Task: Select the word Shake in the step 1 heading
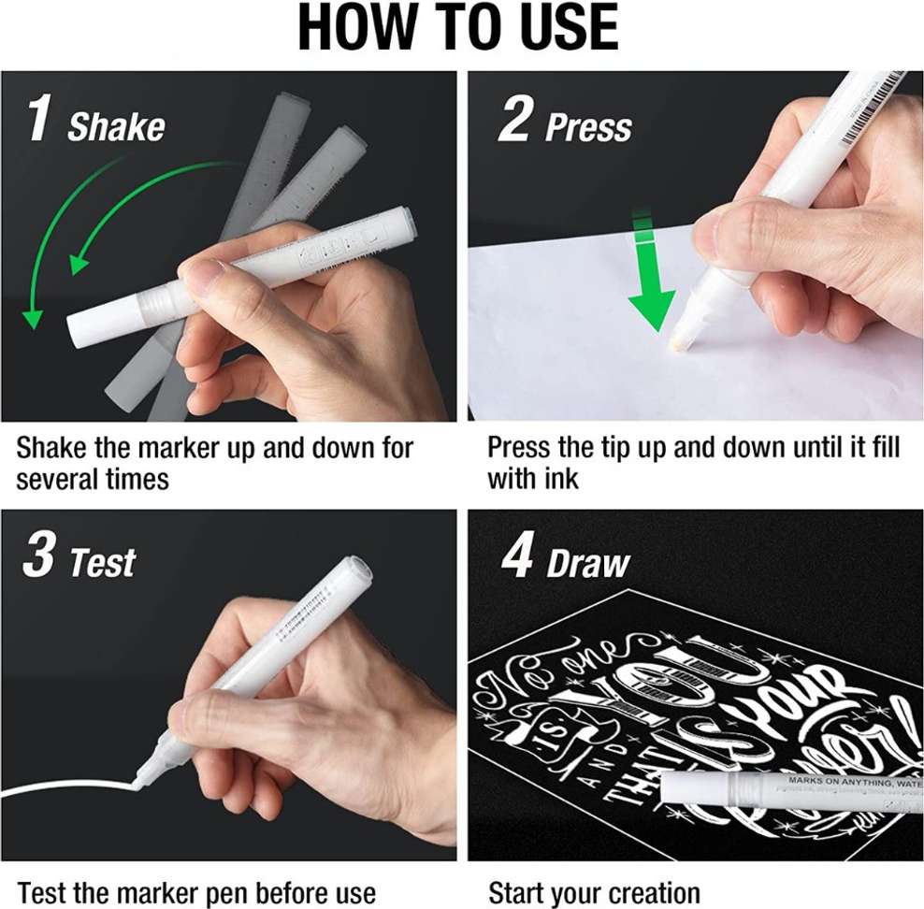click(116, 126)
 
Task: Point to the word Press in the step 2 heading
click(588, 127)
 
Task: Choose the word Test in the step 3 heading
click(103, 563)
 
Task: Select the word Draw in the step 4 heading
click(588, 564)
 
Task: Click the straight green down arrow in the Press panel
click(650, 281)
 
